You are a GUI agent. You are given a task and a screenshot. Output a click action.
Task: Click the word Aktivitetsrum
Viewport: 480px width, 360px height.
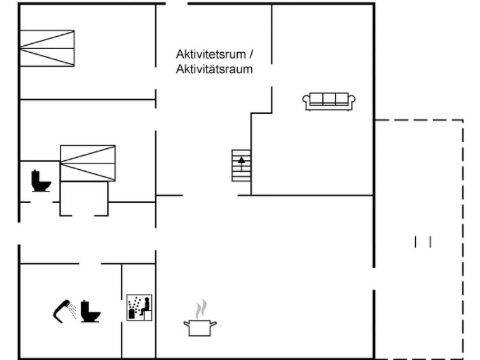click(210, 54)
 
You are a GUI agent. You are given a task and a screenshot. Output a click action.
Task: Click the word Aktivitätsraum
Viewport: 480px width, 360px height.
click(214, 69)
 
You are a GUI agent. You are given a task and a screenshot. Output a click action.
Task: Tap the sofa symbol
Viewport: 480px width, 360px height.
click(329, 101)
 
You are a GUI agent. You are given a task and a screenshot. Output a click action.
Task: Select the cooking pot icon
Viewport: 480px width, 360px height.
click(200, 328)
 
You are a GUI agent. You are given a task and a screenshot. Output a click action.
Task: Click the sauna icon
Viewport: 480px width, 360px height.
click(139, 307)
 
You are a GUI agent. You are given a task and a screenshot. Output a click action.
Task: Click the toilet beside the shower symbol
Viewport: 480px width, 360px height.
click(90, 312)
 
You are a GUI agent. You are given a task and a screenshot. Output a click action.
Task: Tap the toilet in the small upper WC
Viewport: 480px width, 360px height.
click(41, 181)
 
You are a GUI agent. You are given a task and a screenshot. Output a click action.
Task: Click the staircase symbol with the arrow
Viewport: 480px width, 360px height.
click(241, 165)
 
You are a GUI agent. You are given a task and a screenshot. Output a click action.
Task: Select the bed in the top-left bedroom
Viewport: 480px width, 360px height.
click(47, 48)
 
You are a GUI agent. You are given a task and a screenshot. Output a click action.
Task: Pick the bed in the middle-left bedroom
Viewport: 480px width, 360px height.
click(88, 163)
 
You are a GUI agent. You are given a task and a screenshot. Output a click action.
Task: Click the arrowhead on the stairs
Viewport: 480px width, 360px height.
click(242, 160)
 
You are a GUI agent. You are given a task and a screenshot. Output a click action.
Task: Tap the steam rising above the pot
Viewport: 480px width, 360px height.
click(201, 309)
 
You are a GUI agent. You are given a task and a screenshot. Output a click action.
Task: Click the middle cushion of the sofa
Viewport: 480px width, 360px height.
click(329, 99)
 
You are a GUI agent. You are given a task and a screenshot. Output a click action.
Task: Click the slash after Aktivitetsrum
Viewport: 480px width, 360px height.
click(251, 54)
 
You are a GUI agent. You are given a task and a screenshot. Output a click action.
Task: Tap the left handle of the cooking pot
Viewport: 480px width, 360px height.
click(186, 324)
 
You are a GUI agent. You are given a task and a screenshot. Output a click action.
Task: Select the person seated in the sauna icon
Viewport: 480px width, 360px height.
click(146, 306)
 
